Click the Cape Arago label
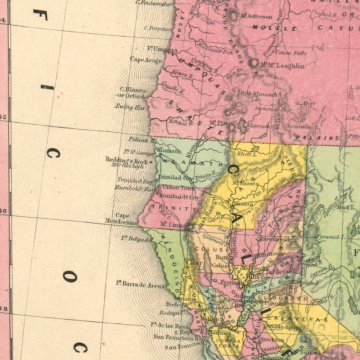146,59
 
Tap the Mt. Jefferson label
256,16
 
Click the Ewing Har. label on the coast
130,107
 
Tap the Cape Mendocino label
121,219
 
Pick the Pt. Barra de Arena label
140,284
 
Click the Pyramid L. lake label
331,237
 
